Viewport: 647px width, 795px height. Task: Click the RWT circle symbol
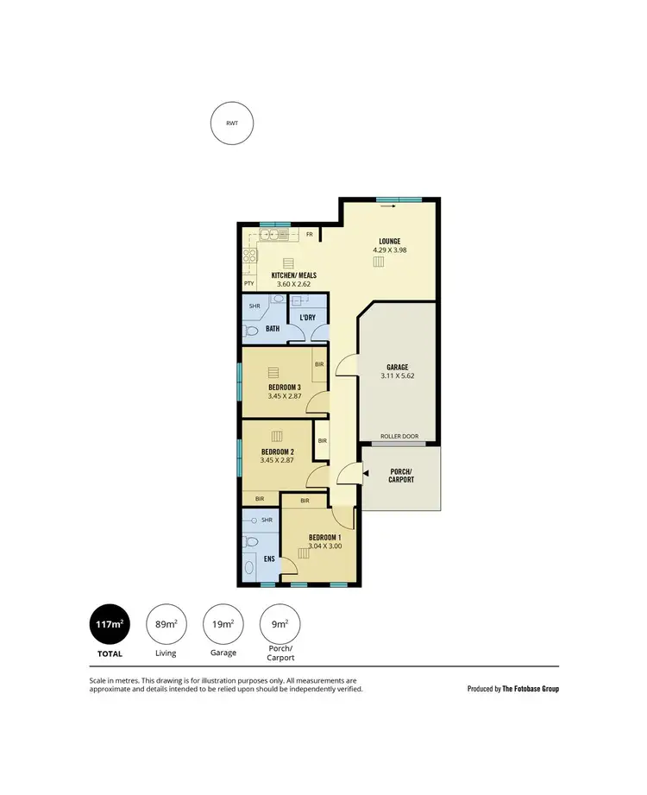point(232,123)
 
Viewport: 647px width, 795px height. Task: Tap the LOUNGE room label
point(389,241)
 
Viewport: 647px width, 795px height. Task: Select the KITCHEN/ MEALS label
point(293,275)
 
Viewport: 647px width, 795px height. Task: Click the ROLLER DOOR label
point(399,437)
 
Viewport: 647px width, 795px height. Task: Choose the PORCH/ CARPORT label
point(400,475)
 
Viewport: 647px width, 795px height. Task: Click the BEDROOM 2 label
point(279,451)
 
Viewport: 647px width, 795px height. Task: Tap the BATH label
point(272,329)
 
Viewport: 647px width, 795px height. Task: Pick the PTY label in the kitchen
point(248,283)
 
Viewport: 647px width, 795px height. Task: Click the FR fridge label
point(309,234)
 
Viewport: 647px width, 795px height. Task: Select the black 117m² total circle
point(110,623)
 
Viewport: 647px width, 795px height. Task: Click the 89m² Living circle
point(166,623)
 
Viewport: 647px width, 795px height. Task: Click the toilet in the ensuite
point(251,542)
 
